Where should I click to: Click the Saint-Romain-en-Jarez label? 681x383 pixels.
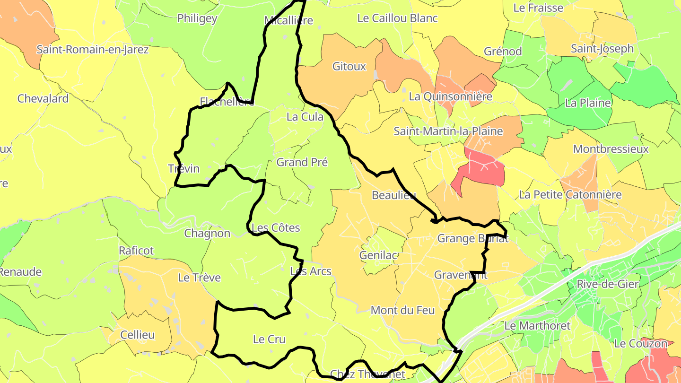click(93, 50)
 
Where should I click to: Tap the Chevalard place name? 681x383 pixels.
click(43, 99)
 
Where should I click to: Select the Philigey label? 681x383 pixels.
click(197, 18)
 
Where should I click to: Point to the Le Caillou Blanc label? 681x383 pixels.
click(397, 18)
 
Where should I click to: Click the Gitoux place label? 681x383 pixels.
click(349, 67)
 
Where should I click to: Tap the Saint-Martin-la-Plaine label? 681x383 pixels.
click(448, 131)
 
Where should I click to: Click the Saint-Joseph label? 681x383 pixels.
click(602, 49)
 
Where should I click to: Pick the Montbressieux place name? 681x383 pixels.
click(611, 149)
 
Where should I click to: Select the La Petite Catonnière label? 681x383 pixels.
click(570, 195)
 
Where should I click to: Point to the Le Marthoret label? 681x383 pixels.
click(537, 326)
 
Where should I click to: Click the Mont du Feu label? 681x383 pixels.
click(402, 311)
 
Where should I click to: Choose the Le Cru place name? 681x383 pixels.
click(270, 339)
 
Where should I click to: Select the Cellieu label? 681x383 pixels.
click(137, 335)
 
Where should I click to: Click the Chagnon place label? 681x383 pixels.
click(207, 234)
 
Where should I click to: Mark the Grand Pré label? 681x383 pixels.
click(302, 163)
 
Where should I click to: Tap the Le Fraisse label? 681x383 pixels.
click(538, 8)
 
